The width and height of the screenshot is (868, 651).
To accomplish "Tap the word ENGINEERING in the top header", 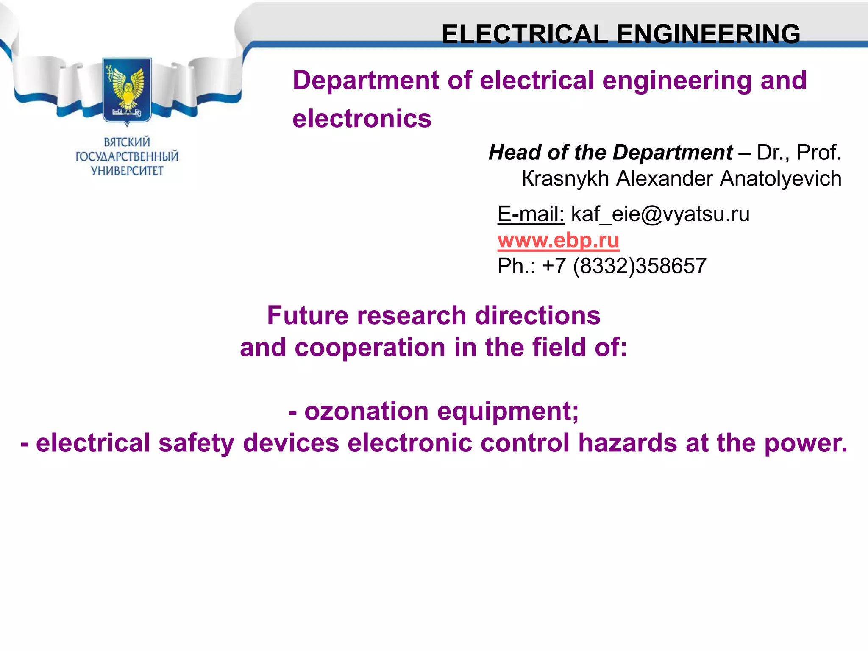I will (708, 34).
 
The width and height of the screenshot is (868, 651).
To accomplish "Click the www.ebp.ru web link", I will (558, 240).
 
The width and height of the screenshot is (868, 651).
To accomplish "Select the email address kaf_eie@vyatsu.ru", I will (660, 214).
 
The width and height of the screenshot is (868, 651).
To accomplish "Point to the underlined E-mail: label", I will (531, 214).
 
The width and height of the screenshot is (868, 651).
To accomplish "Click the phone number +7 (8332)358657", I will (624, 266).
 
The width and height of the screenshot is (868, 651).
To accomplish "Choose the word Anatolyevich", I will (781, 178).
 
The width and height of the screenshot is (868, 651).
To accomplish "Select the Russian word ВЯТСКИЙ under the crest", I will (127, 142).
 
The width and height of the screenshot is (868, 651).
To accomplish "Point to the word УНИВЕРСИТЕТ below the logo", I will (127, 171).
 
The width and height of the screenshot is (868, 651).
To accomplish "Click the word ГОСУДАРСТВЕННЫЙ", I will (127, 156).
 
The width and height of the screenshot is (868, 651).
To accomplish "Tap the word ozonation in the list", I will (367, 411).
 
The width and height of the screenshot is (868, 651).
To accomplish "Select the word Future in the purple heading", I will (308, 316).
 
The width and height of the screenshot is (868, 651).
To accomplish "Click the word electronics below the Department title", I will (362, 118).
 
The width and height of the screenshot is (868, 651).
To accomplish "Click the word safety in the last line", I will (196, 443).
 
